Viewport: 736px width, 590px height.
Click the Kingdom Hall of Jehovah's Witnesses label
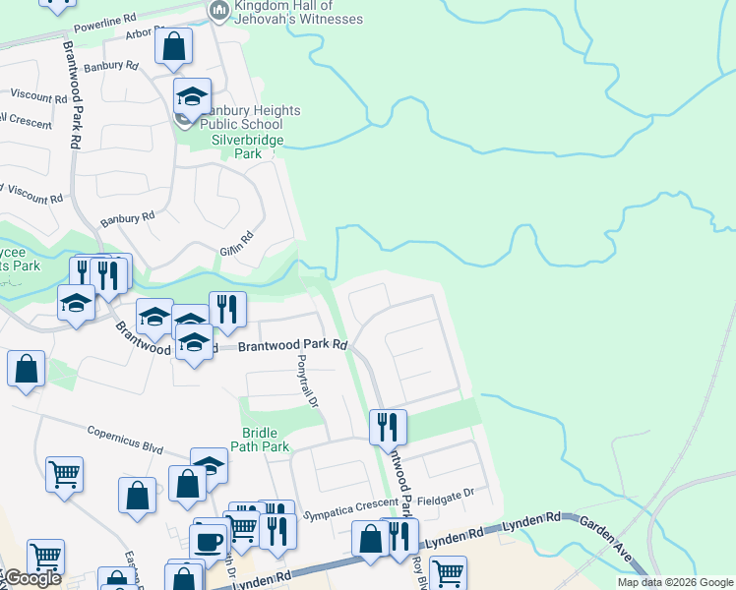tap(298, 13)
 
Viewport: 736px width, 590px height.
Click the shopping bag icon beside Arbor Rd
tap(173, 46)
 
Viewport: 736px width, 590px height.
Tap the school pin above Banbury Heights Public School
tap(192, 96)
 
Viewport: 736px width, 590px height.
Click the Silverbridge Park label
tap(249, 147)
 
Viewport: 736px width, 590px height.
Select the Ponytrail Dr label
tap(309, 383)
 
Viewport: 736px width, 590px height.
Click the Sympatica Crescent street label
tap(345, 512)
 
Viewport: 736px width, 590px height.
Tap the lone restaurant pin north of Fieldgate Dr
tap(388, 427)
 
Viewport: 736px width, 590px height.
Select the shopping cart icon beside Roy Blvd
tap(448, 572)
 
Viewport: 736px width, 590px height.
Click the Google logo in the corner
tap(31, 578)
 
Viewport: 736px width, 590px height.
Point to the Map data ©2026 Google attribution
tap(675, 582)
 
